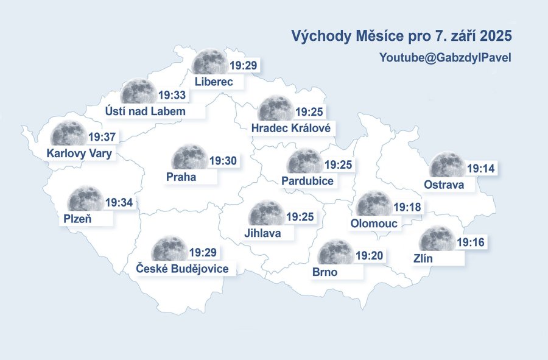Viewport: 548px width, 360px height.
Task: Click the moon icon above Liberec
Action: coord(210,62)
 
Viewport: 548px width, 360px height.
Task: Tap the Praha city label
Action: coord(181,177)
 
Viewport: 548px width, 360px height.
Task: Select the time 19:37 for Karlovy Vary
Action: coord(102,136)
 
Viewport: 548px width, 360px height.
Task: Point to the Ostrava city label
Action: coord(444,185)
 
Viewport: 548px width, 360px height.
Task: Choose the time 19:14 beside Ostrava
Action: coord(480,168)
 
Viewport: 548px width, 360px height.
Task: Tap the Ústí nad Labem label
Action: coord(145,111)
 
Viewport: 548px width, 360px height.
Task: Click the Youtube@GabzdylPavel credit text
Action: coord(444,58)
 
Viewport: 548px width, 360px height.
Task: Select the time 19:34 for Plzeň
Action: coord(119,202)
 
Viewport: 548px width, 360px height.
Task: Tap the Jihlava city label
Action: coord(262,233)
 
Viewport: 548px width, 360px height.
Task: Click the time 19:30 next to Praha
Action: coord(223,161)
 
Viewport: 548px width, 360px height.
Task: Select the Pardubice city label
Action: coord(307,181)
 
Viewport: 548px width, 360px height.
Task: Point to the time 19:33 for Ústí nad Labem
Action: coord(172,95)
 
